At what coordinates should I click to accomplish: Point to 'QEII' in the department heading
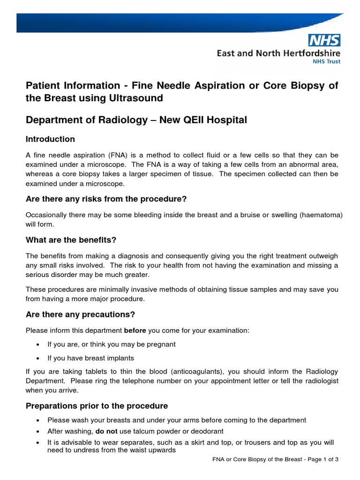[194, 120]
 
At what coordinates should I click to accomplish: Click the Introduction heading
[50, 139]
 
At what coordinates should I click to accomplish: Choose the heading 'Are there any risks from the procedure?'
[106, 199]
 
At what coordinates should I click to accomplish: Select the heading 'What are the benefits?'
[71, 240]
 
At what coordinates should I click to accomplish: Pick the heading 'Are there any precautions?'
[80, 314]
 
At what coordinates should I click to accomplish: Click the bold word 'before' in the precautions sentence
[135, 330]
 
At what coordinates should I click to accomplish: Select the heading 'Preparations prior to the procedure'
[97, 405]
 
